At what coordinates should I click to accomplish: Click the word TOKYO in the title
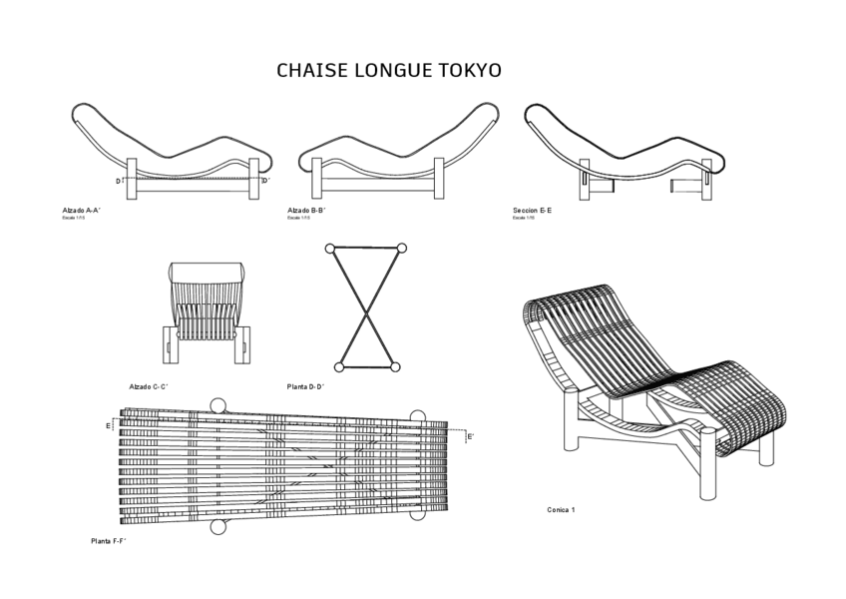[x=469, y=71]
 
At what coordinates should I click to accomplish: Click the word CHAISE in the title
[x=309, y=71]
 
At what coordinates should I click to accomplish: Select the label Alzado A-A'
[x=82, y=211]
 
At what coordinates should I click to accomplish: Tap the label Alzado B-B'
[x=307, y=211]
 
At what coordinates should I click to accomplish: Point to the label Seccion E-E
[x=533, y=211]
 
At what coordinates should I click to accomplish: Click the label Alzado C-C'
[x=149, y=386]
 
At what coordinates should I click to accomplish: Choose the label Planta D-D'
[x=306, y=386]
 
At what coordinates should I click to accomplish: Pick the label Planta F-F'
[x=109, y=540]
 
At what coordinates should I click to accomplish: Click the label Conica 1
[x=561, y=510]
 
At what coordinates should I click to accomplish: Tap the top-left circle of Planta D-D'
[x=330, y=248]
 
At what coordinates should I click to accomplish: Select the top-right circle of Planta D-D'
[x=402, y=248]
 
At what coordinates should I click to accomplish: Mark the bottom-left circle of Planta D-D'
[x=339, y=367]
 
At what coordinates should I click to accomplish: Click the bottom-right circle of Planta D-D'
[x=395, y=367]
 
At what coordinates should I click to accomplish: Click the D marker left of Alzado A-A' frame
[x=118, y=182]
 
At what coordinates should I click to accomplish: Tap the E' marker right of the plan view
[x=471, y=436]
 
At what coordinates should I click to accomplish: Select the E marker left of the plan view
[x=109, y=426]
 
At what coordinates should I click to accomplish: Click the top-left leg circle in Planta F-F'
[x=218, y=405]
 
